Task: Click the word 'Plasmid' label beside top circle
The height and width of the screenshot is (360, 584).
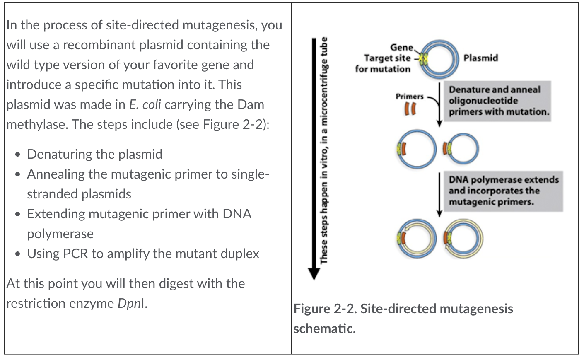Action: click(480, 58)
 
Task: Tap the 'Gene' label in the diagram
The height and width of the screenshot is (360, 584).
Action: click(401, 48)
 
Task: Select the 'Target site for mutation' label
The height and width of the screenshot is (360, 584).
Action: click(383, 63)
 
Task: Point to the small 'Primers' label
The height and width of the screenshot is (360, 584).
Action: click(409, 97)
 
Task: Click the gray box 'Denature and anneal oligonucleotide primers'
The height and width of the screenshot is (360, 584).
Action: click(498, 101)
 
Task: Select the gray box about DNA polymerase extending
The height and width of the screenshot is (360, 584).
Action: click(503, 191)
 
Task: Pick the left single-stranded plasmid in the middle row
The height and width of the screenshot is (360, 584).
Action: click(416, 149)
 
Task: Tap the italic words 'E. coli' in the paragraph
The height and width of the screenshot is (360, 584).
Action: click(145, 104)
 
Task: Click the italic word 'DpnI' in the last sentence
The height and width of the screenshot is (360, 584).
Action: click(131, 303)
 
